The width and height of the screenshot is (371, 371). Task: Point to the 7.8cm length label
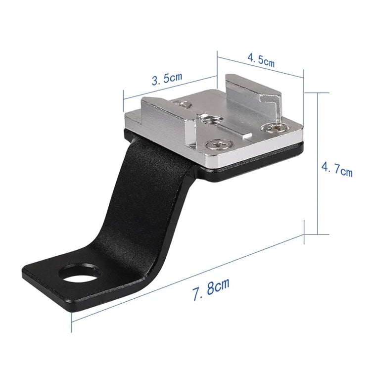click(211, 287)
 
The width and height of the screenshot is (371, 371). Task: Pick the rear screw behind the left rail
click(184, 104)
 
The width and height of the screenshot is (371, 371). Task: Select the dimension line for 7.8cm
click(188, 280)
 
